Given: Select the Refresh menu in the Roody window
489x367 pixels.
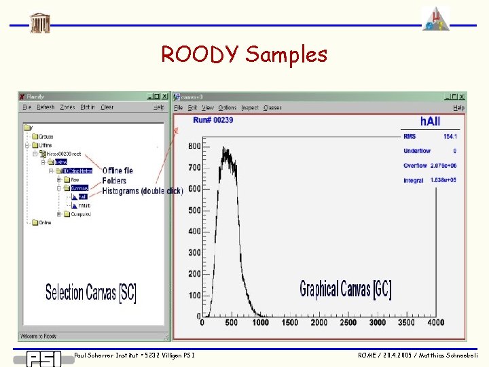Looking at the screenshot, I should [x=46, y=107].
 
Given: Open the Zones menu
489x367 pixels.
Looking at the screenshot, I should [x=67, y=107].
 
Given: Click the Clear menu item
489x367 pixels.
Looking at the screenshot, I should [x=107, y=107].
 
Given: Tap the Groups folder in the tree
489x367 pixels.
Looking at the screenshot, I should [x=45, y=136].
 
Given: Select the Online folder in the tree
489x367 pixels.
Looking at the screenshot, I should [x=44, y=222].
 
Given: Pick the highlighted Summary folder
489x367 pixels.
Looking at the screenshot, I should [x=79, y=188].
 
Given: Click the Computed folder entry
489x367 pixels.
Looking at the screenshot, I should [x=80, y=214].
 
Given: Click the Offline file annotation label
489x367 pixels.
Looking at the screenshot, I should [x=117, y=170].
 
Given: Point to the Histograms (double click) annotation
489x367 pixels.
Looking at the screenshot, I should [x=143, y=191].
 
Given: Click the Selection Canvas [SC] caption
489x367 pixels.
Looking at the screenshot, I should [x=90, y=293].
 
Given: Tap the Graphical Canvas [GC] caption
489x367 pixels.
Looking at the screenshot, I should [x=345, y=289].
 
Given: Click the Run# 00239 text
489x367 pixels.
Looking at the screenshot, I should [x=213, y=120].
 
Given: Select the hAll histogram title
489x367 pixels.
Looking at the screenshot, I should [x=429, y=121].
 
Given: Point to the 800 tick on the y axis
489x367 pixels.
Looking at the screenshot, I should [x=194, y=146].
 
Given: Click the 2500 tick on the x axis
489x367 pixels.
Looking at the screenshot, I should [x=348, y=323].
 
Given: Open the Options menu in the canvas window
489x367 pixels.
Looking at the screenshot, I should [x=228, y=107].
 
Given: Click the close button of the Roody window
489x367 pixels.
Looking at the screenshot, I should [x=164, y=97].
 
